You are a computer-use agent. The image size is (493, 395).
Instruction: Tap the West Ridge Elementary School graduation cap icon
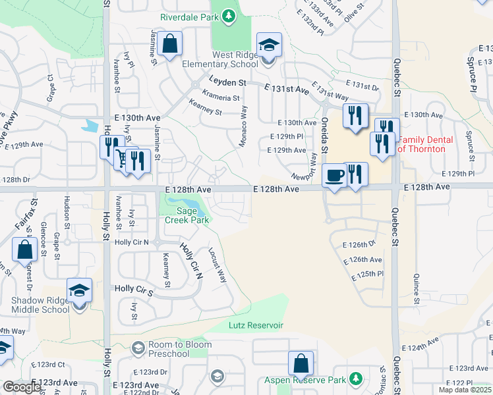pos(269,45)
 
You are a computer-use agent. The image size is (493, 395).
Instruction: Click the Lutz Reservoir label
pos(256,325)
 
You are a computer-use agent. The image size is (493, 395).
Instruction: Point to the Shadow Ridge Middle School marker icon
pos(79,290)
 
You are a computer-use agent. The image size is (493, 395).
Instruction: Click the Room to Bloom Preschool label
pos(169,350)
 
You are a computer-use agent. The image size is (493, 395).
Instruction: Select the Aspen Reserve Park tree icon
pos(356,379)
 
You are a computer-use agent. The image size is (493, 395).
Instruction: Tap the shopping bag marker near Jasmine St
pos(170,45)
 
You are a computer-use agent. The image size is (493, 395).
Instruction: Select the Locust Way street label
pos(217,266)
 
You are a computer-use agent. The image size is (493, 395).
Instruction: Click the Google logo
pos(22,387)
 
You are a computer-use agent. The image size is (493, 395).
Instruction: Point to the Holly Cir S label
pos(133,288)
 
